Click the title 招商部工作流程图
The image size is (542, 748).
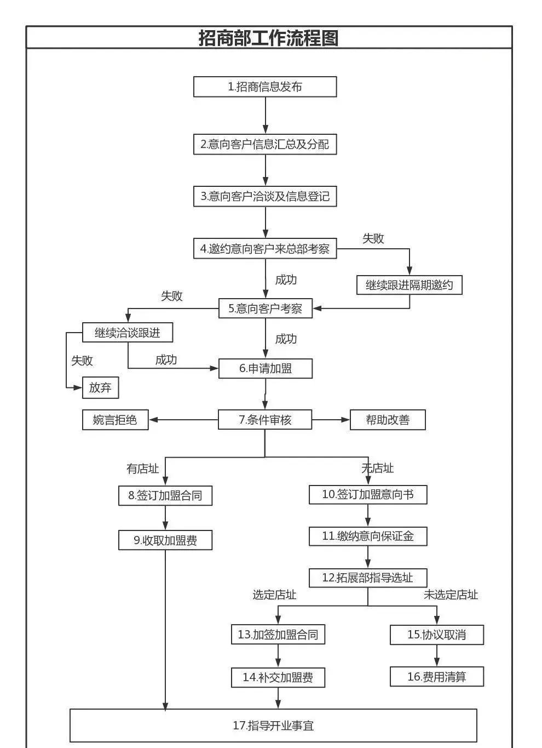[268, 38]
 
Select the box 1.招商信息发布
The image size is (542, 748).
[265, 87]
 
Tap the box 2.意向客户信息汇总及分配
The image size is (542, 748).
[265, 144]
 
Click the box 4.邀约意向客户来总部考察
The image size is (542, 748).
[265, 249]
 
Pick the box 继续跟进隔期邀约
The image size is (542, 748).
[410, 285]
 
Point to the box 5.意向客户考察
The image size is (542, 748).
[266, 309]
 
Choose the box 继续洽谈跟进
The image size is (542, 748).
[128, 333]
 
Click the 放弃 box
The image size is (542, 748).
[100, 387]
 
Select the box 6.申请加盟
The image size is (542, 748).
[266, 368]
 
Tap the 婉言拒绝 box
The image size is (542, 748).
[115, 420]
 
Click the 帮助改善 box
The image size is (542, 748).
[388, 420]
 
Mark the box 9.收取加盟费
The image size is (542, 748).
[165, 540]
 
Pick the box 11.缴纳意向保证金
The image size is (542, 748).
[368, 536]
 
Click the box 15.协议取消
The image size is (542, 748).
[437, 635]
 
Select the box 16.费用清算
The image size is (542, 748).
[437, 677]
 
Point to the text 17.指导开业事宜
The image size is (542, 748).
[273, 726]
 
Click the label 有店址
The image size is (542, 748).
[143, 469]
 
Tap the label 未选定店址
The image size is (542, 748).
[451, 595]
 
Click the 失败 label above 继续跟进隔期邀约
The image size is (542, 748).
[373, 238]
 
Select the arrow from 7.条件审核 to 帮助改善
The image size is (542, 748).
[331, 420]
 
